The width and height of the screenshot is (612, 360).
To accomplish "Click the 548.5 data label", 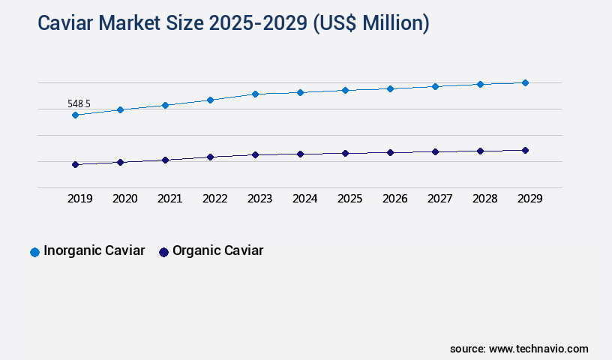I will (x=79, y=103).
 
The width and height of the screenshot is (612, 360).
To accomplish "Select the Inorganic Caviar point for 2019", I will (x=75, y=115).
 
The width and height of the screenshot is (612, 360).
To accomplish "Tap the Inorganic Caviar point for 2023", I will (x=255, y=94).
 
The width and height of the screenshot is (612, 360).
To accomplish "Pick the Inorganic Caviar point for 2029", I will (x=525, y=82).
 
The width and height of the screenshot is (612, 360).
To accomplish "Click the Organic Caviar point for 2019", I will (x=75, y=164).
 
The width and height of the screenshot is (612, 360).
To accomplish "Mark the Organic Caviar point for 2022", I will (x=210, y=157).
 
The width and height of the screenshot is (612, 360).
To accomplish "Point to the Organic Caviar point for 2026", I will (x=390, y=152).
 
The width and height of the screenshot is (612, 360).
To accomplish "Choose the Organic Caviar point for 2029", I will (x=525, y=150).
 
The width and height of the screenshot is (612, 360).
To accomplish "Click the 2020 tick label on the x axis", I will (x=124, y=199).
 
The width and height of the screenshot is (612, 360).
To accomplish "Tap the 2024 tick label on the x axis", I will (x=304, y=199).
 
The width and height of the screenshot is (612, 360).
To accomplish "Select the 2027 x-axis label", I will (x=439, y=199).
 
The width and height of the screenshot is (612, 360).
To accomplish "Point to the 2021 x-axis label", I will (x=169, y=199).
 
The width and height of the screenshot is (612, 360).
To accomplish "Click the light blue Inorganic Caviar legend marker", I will (x=34, y=252).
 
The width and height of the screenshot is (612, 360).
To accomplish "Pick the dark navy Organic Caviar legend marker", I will (x=163, y=252).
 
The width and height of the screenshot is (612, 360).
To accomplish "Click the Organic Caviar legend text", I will (x=217, y=251).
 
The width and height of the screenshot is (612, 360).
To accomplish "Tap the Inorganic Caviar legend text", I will (x=94, y=251).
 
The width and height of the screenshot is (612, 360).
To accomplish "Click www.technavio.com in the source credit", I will (x=538, y=349).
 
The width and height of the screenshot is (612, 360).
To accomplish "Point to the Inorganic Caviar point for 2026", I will (x=390, y=88).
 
